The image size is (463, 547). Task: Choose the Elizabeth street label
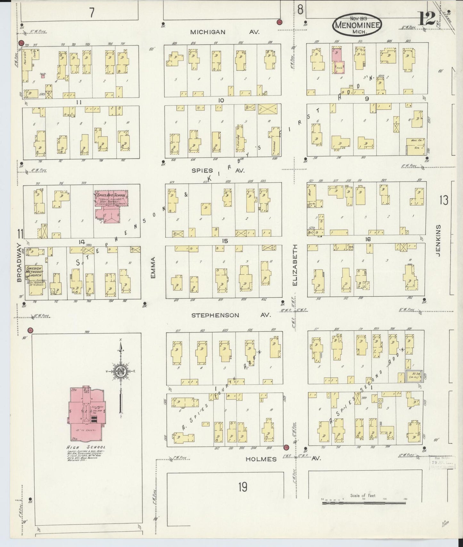coord(295,265)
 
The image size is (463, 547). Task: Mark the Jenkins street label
coord(438,240)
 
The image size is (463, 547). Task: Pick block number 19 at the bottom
coord(243,487)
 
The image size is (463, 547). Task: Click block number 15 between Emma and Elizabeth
coord(225,241)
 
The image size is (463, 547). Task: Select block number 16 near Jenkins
coord(367,239)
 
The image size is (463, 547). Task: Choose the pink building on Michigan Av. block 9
coord(337,61)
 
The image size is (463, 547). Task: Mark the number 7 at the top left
coord(92,13)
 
